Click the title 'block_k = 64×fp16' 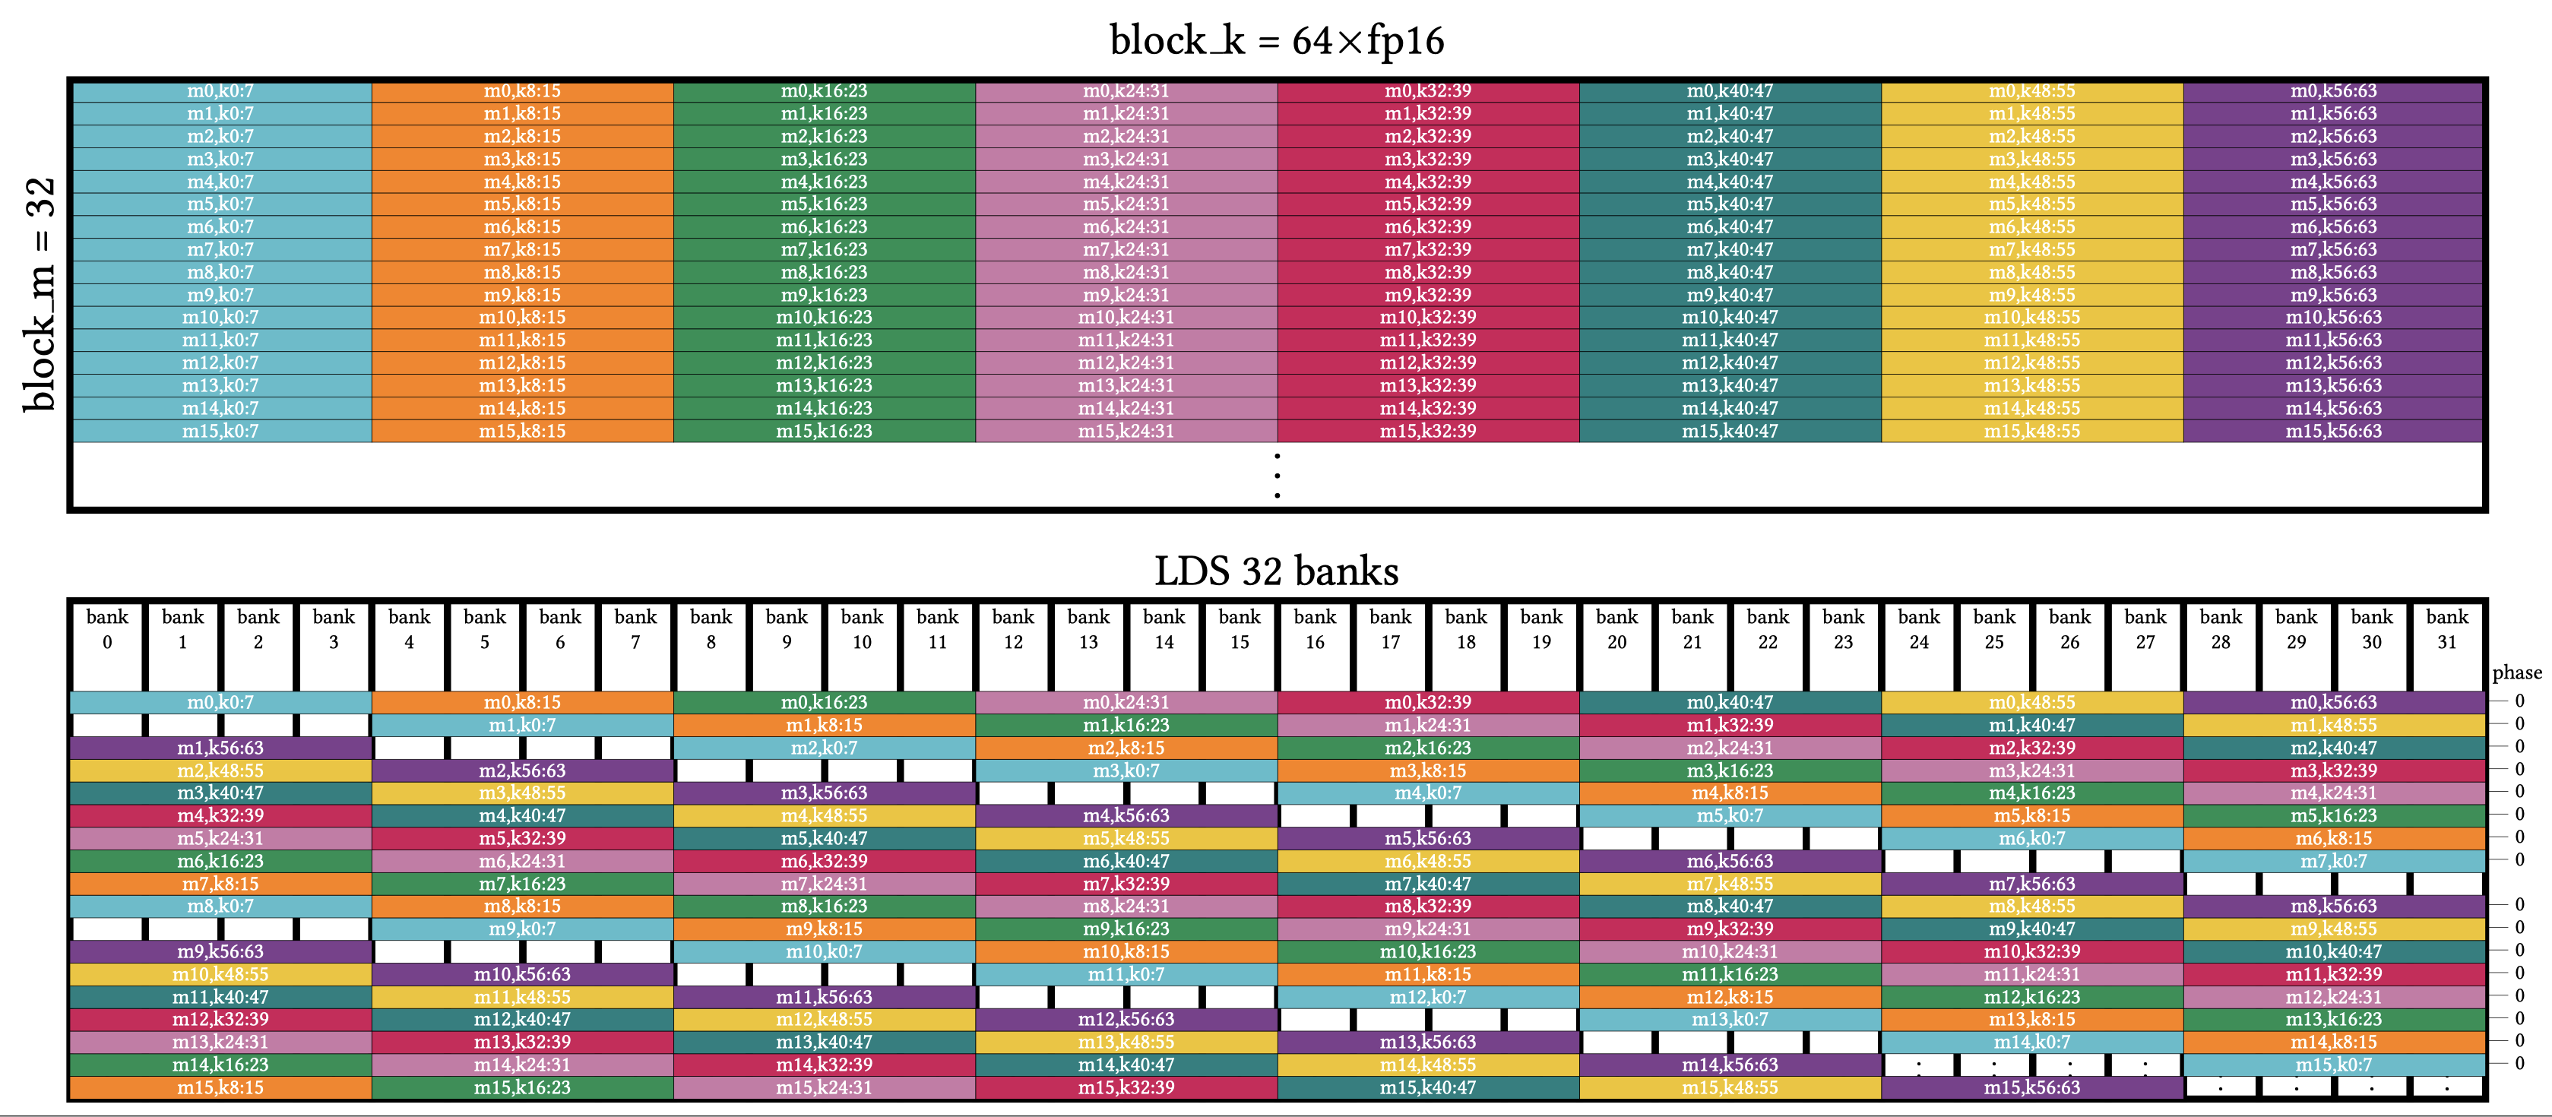(x=1276, y=40)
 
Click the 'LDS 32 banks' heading (x=1276, y=571)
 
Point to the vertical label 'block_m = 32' (x=40, y=294)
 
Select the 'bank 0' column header (x=107, y=630)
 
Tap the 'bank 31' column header (x=2446, y=630)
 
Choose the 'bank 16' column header (x=1315, y=630)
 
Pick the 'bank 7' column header (x=635, y=630)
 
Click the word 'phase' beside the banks (x=2516, y=673)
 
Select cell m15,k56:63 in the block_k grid (x=2333, y=432)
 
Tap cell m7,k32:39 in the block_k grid (x=1427, y=249)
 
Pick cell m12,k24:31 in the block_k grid (x=1126, y=363)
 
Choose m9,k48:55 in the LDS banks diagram (x=2333, y=929)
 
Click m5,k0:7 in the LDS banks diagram (x=1730, y=816)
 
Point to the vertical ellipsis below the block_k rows (x=1277, y=476)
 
